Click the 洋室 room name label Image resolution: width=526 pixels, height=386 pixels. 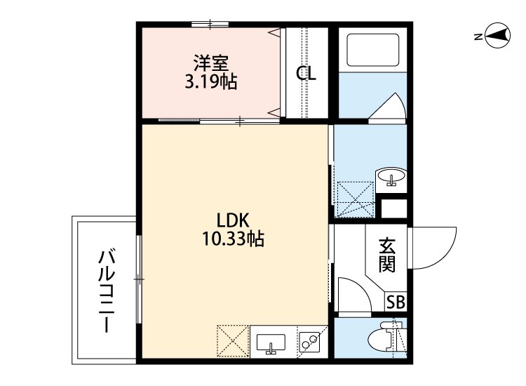coord(210,63)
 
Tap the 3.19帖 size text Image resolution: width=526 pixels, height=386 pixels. coord(210,82)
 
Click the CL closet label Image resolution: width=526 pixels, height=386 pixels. coord(305,74)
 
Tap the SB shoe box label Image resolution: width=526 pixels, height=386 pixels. coord(396,302)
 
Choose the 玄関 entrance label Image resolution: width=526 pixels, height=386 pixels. coord(387,255)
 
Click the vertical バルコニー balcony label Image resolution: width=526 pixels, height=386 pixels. coord(106,291)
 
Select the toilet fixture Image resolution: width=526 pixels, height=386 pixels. coord(382,339)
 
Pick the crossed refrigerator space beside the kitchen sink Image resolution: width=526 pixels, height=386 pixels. coord(232,342)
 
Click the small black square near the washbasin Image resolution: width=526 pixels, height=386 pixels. coord(394,209)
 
